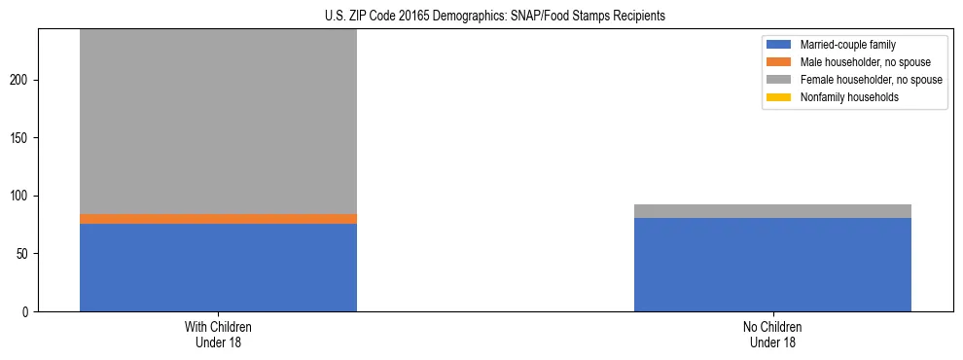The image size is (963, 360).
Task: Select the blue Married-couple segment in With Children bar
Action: pyautogui.click(x=218, y=268)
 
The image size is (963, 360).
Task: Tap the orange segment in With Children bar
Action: pyautogui.click(x=218, y=219)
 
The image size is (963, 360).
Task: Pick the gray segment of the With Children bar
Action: pyautogui.click(x=218, y=122)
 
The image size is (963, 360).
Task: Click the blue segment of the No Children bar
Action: pyautogui.click(x=772, y=265)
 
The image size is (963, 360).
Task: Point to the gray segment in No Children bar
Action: pyautogui.click(x=772, y=211)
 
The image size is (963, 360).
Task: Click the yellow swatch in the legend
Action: pyautogui.click(x=779, y=97)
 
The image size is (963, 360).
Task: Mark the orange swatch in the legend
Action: pyautogui.click(x=779, y=62)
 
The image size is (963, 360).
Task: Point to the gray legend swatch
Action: pyautogui.click(x=779, y=80)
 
